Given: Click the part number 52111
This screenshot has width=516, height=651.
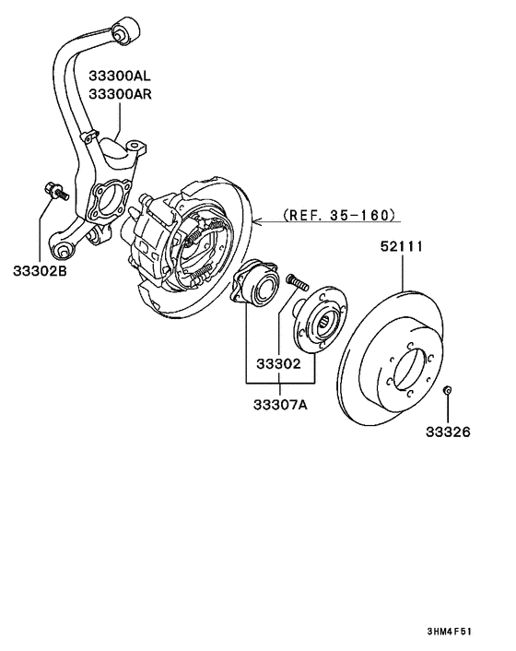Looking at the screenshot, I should pos(402,246).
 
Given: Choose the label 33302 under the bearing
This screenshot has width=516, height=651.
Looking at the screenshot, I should pos(277,364).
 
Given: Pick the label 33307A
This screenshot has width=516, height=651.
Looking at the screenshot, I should pos(278,403).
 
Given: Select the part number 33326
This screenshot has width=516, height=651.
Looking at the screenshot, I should pos(447,431).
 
